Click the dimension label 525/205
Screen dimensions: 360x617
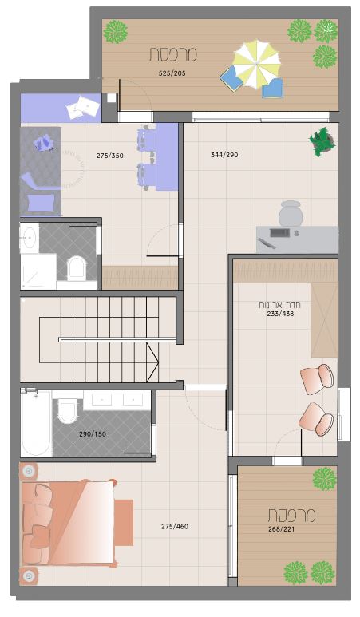point(172,73)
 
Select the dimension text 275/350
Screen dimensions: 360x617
point(110,156)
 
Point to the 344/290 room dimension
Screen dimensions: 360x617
point(224,155)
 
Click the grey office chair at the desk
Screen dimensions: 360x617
point(291,213)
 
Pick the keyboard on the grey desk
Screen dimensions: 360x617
point(279,232)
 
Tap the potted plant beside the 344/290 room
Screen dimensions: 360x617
point(322,141)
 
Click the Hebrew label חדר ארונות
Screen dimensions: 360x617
point(279,305)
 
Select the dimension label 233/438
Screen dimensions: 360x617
point(280,314)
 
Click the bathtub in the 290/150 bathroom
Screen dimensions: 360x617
point(36,423)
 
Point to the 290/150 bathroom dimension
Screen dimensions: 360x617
point(93,434)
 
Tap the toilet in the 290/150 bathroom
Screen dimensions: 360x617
point(68,410)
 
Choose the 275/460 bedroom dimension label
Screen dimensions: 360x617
point(175,527)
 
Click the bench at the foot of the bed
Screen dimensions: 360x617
point(124,523)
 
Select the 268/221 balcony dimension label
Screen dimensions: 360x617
point(281,529)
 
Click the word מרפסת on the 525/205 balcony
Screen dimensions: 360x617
point(172,54)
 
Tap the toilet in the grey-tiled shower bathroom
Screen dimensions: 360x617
point(76,268)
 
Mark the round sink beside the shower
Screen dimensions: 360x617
point(29,238)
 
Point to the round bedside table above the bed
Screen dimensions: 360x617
point(28,471)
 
